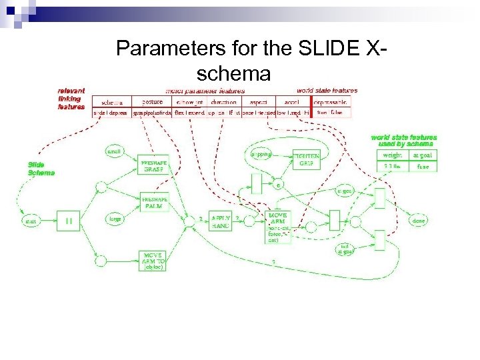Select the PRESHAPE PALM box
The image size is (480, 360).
coord(154,202)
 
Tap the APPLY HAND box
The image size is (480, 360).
coord(220,222)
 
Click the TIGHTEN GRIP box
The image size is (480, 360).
coord(307,159)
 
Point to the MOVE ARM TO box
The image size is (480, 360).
coord(154,260)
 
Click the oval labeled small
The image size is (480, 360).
coord(115,152)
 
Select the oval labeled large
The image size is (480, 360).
coord(115,219)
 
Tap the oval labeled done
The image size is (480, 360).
coord(419,220)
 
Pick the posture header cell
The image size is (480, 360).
coord(152,102)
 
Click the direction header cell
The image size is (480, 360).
coord(223,102)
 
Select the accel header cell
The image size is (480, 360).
coord(292,102)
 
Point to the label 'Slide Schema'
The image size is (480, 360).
coord(41,169)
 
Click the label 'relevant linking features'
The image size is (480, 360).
coord(71,99)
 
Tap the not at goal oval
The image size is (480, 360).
coord(345,249)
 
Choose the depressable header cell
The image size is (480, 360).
coord(331,102)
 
